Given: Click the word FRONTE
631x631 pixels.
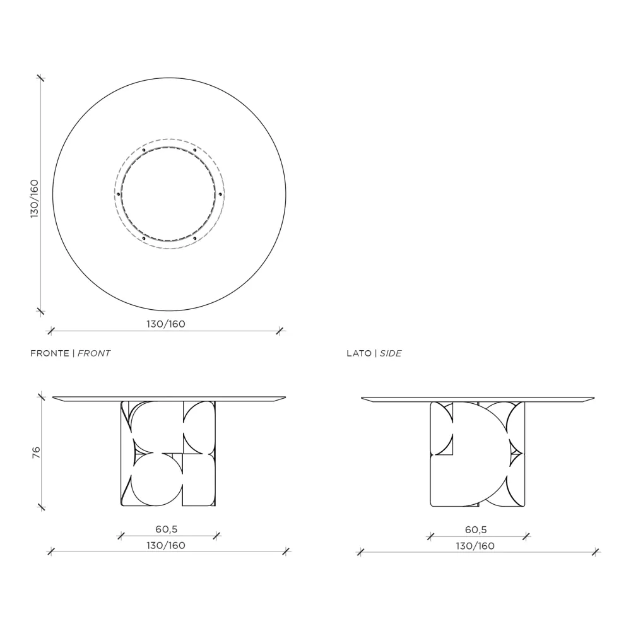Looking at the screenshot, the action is [x=49, y=353].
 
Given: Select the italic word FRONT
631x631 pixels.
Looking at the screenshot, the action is [x=94, y=353].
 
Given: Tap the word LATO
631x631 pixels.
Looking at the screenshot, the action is [x=359, y=353].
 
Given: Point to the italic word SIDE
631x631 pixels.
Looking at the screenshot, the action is [x=391, y=353].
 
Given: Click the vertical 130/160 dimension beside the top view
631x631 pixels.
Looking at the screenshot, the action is [x=35, y=199].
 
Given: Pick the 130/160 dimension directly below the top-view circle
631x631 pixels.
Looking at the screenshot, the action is [x=166, y=324].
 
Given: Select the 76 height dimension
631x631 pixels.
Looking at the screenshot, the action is [x=36, y=452].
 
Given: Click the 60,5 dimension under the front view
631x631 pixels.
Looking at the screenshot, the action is [x=167, y=529].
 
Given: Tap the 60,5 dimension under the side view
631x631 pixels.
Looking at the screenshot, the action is [x=476, y=529].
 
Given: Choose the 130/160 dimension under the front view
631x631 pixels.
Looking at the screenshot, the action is [x=166, y=545].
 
